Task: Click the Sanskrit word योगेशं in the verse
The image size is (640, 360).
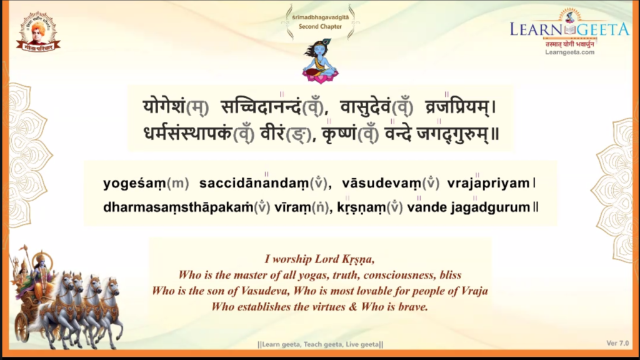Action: [x=164, y=106]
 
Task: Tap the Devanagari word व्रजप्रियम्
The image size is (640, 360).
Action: [x=457, y=106]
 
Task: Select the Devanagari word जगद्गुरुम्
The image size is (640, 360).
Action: [x=452, y=134]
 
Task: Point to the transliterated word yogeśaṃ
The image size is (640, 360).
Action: [x=135, y=184]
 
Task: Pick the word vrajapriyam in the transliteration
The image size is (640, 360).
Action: [x=488, y=184]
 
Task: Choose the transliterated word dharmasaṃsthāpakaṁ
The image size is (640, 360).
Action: [x=178, y=207]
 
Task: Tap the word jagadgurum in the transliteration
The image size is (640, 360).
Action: [x=491, y=207]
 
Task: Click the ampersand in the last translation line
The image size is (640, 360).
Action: [x=353, y=306]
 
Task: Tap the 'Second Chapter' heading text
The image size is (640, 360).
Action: [x=320, y=26]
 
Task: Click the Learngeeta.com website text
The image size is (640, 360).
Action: [x=570, y=52]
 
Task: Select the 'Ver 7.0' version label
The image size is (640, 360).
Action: [x=617, y=343]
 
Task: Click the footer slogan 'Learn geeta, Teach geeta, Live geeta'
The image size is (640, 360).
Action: [x=321, y=344]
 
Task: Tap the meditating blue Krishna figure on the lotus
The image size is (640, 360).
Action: [x=321, y=61]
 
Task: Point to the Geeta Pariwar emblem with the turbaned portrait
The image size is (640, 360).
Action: [x=38, y=32]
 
